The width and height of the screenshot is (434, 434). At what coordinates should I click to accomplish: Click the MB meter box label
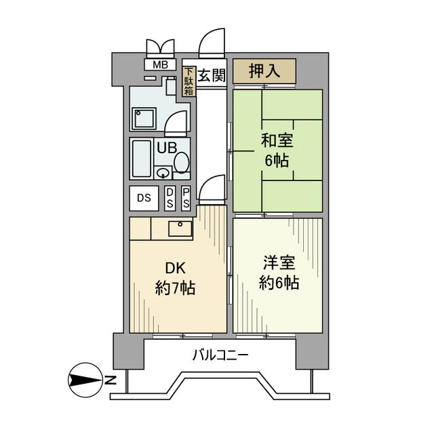click(161, 65)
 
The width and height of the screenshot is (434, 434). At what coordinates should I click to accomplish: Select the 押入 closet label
click(264, 71)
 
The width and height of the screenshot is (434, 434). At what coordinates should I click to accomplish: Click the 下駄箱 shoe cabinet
click(189, 81)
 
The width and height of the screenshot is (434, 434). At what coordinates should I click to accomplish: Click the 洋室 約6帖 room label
click(278, 273)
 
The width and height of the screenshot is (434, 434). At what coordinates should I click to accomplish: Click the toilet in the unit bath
click(181, 162)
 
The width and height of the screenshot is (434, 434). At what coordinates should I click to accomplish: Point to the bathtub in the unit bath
click(142, 159)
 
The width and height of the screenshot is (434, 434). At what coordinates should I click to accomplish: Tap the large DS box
click(144, 198)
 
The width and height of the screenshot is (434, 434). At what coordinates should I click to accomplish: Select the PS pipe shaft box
click(186, 198)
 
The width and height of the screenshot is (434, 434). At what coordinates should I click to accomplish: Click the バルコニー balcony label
click(220, 354)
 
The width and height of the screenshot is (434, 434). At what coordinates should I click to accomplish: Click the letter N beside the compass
click(110, 379)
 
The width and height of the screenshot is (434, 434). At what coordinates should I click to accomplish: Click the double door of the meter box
click(161, 49)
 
